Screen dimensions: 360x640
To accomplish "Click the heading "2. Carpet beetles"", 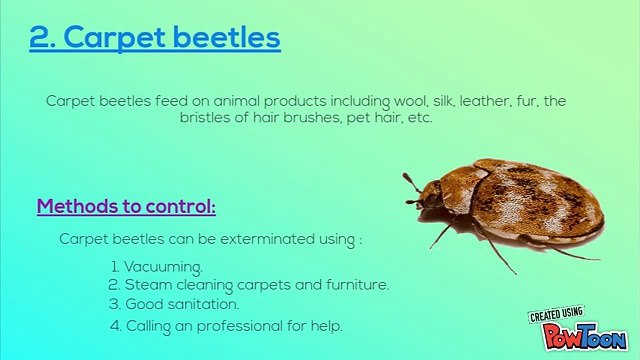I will click(155, 38).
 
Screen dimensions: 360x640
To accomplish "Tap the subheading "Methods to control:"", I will click(126, 207).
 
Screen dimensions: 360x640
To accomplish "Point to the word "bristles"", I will click(205, 117).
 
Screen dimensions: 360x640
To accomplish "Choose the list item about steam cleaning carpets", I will click(249, 285).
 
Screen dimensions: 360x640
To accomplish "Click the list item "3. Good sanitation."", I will click(174, 303).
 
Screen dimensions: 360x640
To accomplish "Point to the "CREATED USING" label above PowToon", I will click(556, 315).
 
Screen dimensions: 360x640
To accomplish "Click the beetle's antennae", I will click(411, 185).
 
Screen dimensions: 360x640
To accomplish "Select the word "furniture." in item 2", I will click(354, 285).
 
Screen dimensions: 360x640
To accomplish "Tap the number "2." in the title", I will click(41, 38).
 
